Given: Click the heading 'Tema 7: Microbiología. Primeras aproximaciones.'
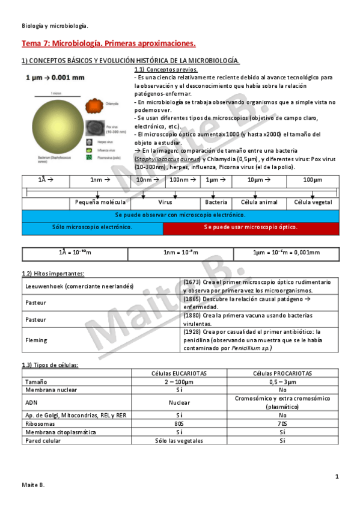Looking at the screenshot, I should coord(109,44).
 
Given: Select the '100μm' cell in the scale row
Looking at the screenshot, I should coord(313,180).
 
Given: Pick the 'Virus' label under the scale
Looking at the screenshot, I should coord(165,203).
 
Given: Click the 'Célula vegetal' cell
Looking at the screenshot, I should coord(313,203).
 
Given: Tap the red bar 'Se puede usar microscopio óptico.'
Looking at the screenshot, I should coord(250,227).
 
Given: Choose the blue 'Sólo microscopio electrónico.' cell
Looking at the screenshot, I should coord(92,227).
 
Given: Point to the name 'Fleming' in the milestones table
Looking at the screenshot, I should coord(36,340).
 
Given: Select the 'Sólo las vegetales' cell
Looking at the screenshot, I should coord(180,441).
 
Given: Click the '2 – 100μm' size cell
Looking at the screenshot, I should coord(180,382).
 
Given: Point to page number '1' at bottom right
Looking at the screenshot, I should coord(337,477).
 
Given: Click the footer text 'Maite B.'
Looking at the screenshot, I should coord(33,485).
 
